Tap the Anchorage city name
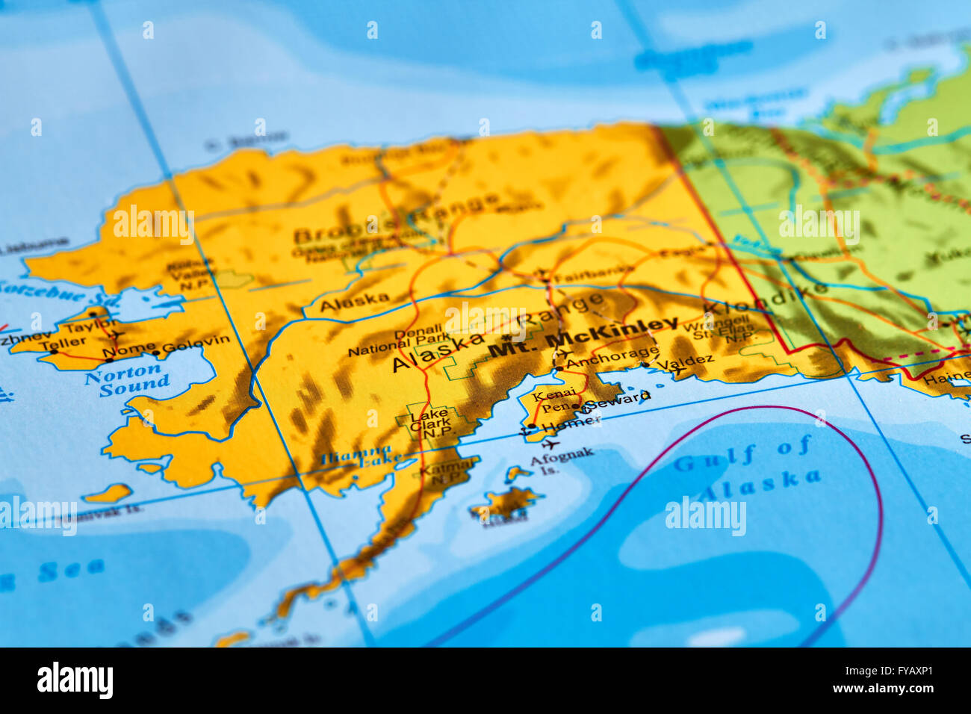pos(612,357)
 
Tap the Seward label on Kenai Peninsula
pos(617,400)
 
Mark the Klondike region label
pos(766,297)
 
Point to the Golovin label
pos(196,344)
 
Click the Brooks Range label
pos(396,220)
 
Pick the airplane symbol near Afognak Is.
pos(551,445)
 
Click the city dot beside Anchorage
pos(559,369)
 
